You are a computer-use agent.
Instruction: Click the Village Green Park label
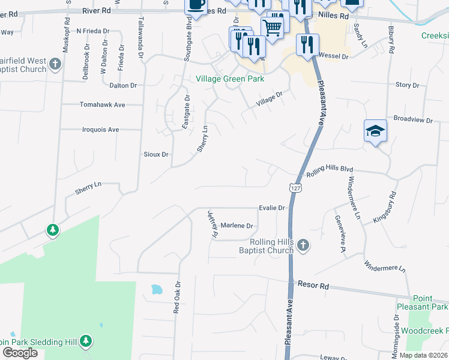click(x=230, y=79)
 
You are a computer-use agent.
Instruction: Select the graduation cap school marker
click(x=375, y=131)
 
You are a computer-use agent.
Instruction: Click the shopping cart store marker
click(x=272, y=26)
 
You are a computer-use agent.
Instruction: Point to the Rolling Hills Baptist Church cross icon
click(x=303, y=245)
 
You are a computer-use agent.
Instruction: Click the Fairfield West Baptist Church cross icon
click(x=55, y=64)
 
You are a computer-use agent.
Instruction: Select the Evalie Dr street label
click(x=271, y=208)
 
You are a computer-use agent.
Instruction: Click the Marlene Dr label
click(x=237, y=226)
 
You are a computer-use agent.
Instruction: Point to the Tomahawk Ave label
click(x=102, y=104)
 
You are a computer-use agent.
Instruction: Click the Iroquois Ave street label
click(x=100, y=129)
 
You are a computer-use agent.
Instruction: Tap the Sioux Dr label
click(x=156, y=154)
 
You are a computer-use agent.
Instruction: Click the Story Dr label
click(x=407, y=85)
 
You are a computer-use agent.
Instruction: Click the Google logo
click(x=20, y=353)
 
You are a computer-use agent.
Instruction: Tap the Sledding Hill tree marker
click(x=86, y=341)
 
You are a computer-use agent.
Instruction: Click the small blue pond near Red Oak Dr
click(x=157, y=289)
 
